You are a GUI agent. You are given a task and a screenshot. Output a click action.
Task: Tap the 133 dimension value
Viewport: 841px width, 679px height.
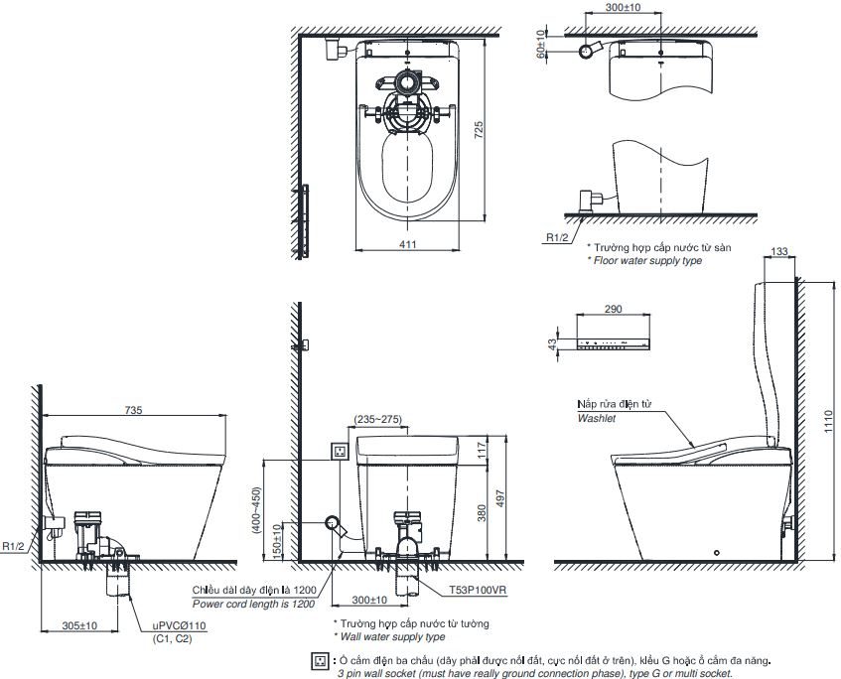click(x=779, y=253)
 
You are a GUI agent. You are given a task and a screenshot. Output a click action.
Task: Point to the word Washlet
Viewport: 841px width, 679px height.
click(x=597, y=419)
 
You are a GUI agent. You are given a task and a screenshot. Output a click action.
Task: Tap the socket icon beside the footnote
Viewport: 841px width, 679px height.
click(x=320, y=661)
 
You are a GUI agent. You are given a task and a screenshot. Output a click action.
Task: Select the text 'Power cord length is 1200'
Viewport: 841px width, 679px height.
click(x=255, y=603)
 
